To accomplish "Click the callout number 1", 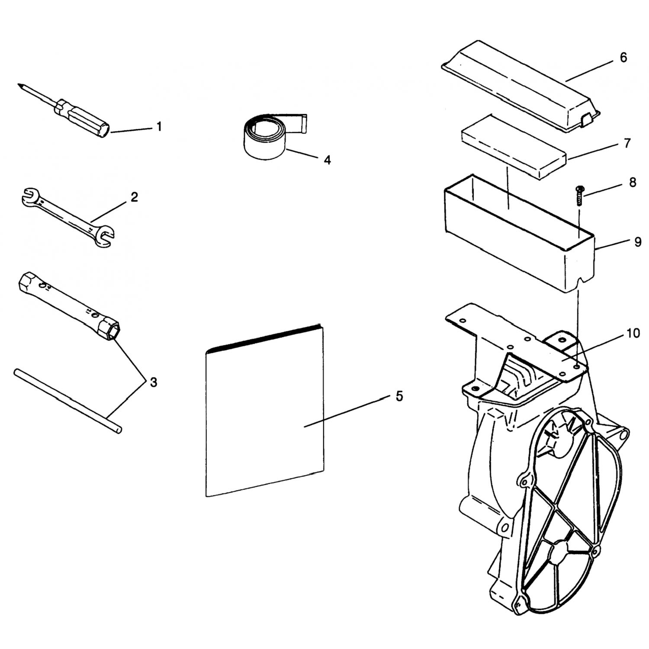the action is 159,126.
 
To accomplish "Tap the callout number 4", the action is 328,160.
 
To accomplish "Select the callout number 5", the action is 399,396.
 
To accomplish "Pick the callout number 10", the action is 633,333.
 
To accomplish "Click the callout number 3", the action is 153,382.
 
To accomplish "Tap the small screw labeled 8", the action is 580,196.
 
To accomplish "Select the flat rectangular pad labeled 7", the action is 514,146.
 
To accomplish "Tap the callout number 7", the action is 627,143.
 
